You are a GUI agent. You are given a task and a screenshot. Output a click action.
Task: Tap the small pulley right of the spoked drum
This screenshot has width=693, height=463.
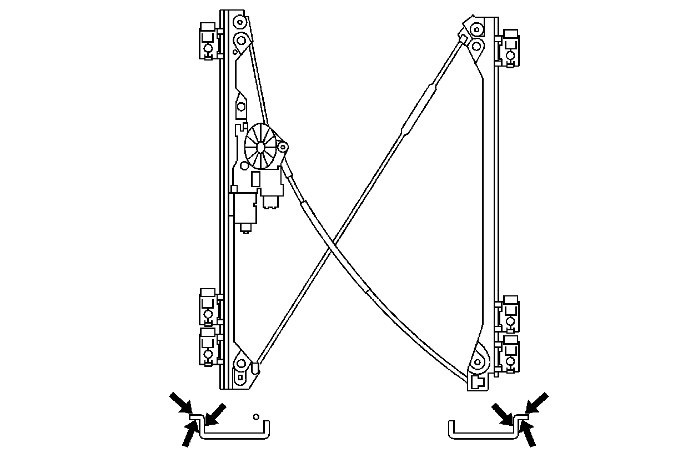pos(282,147)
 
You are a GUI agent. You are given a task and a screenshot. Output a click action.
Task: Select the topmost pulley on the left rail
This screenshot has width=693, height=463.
pos(239,23)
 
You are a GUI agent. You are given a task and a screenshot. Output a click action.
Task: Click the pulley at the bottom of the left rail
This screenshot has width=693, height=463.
pos(241,365)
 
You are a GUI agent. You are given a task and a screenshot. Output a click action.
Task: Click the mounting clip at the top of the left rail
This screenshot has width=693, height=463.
pos(208,41)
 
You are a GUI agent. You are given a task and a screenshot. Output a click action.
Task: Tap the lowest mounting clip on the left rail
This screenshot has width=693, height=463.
pos(208,346)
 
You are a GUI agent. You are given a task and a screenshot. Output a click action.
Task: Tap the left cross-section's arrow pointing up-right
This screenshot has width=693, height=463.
pos(189,433)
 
